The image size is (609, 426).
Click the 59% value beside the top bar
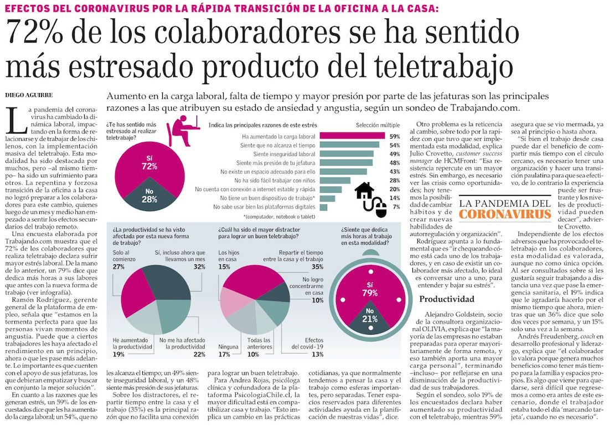395,136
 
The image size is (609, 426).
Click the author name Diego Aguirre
28,94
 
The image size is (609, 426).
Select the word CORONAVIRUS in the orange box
505,214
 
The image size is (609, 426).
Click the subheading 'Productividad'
446,299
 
